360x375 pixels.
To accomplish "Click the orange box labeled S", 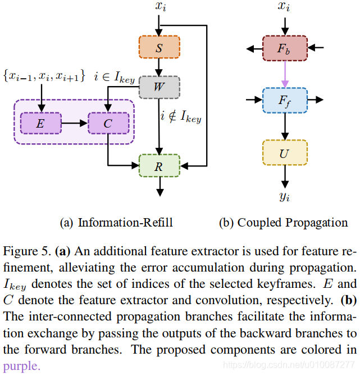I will point(159,48).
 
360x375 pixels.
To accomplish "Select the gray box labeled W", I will point(159,87).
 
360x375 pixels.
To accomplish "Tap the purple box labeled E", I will point(40,123).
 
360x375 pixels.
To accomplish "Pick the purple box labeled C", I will point(108,123).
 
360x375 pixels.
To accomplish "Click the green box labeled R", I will point(159,166).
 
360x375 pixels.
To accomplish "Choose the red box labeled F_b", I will point(285,48).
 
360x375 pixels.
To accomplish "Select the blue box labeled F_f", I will point(285,100).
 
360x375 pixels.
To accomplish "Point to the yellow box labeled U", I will point(285,152).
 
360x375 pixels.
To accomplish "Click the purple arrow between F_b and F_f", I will point(285,74).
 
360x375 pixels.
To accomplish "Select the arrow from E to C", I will point(74,123).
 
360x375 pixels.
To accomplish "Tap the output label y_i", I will point(285,196).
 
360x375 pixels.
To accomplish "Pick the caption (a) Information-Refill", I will point(116,223).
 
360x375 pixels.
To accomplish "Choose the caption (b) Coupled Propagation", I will point(283,223).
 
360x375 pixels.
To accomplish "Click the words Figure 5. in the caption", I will point(26,250).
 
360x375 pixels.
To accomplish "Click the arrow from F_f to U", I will point(285,126).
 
